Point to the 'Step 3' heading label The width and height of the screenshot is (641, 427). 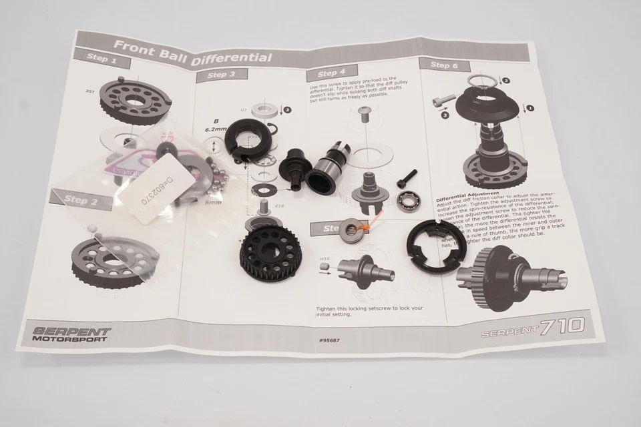click(x=222, y=75)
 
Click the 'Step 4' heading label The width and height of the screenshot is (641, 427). click(x=331, y=73)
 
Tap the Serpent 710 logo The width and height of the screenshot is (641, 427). click(x=534, y=327)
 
